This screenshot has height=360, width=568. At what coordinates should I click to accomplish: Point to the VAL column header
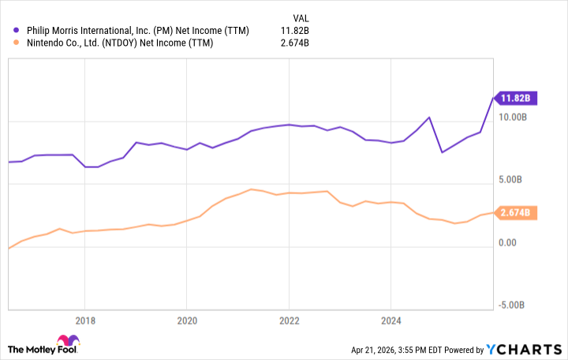pyautogui.click(x=301, y=17)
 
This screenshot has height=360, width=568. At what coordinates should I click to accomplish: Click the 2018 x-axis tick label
pyautogui.click(x=85, y=321)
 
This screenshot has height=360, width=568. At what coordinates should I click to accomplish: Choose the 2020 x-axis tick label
pyautogui.click(x=187, y=321)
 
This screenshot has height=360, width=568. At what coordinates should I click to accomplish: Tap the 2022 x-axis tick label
pyautogui.click(x=289, y=321)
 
